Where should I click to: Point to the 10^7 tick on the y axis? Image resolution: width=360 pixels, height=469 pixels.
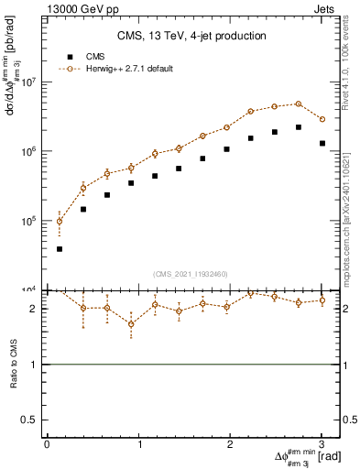29,82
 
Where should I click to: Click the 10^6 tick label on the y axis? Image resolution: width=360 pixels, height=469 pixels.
29,152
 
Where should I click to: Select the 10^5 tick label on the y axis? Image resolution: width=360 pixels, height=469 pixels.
29,221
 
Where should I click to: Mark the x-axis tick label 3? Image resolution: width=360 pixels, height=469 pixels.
322,444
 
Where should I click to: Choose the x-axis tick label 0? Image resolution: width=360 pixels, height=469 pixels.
47,444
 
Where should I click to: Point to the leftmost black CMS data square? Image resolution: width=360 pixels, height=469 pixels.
60,249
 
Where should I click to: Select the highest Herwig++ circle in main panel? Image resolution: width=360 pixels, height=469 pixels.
299,104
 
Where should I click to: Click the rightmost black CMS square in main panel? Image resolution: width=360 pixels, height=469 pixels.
322,143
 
